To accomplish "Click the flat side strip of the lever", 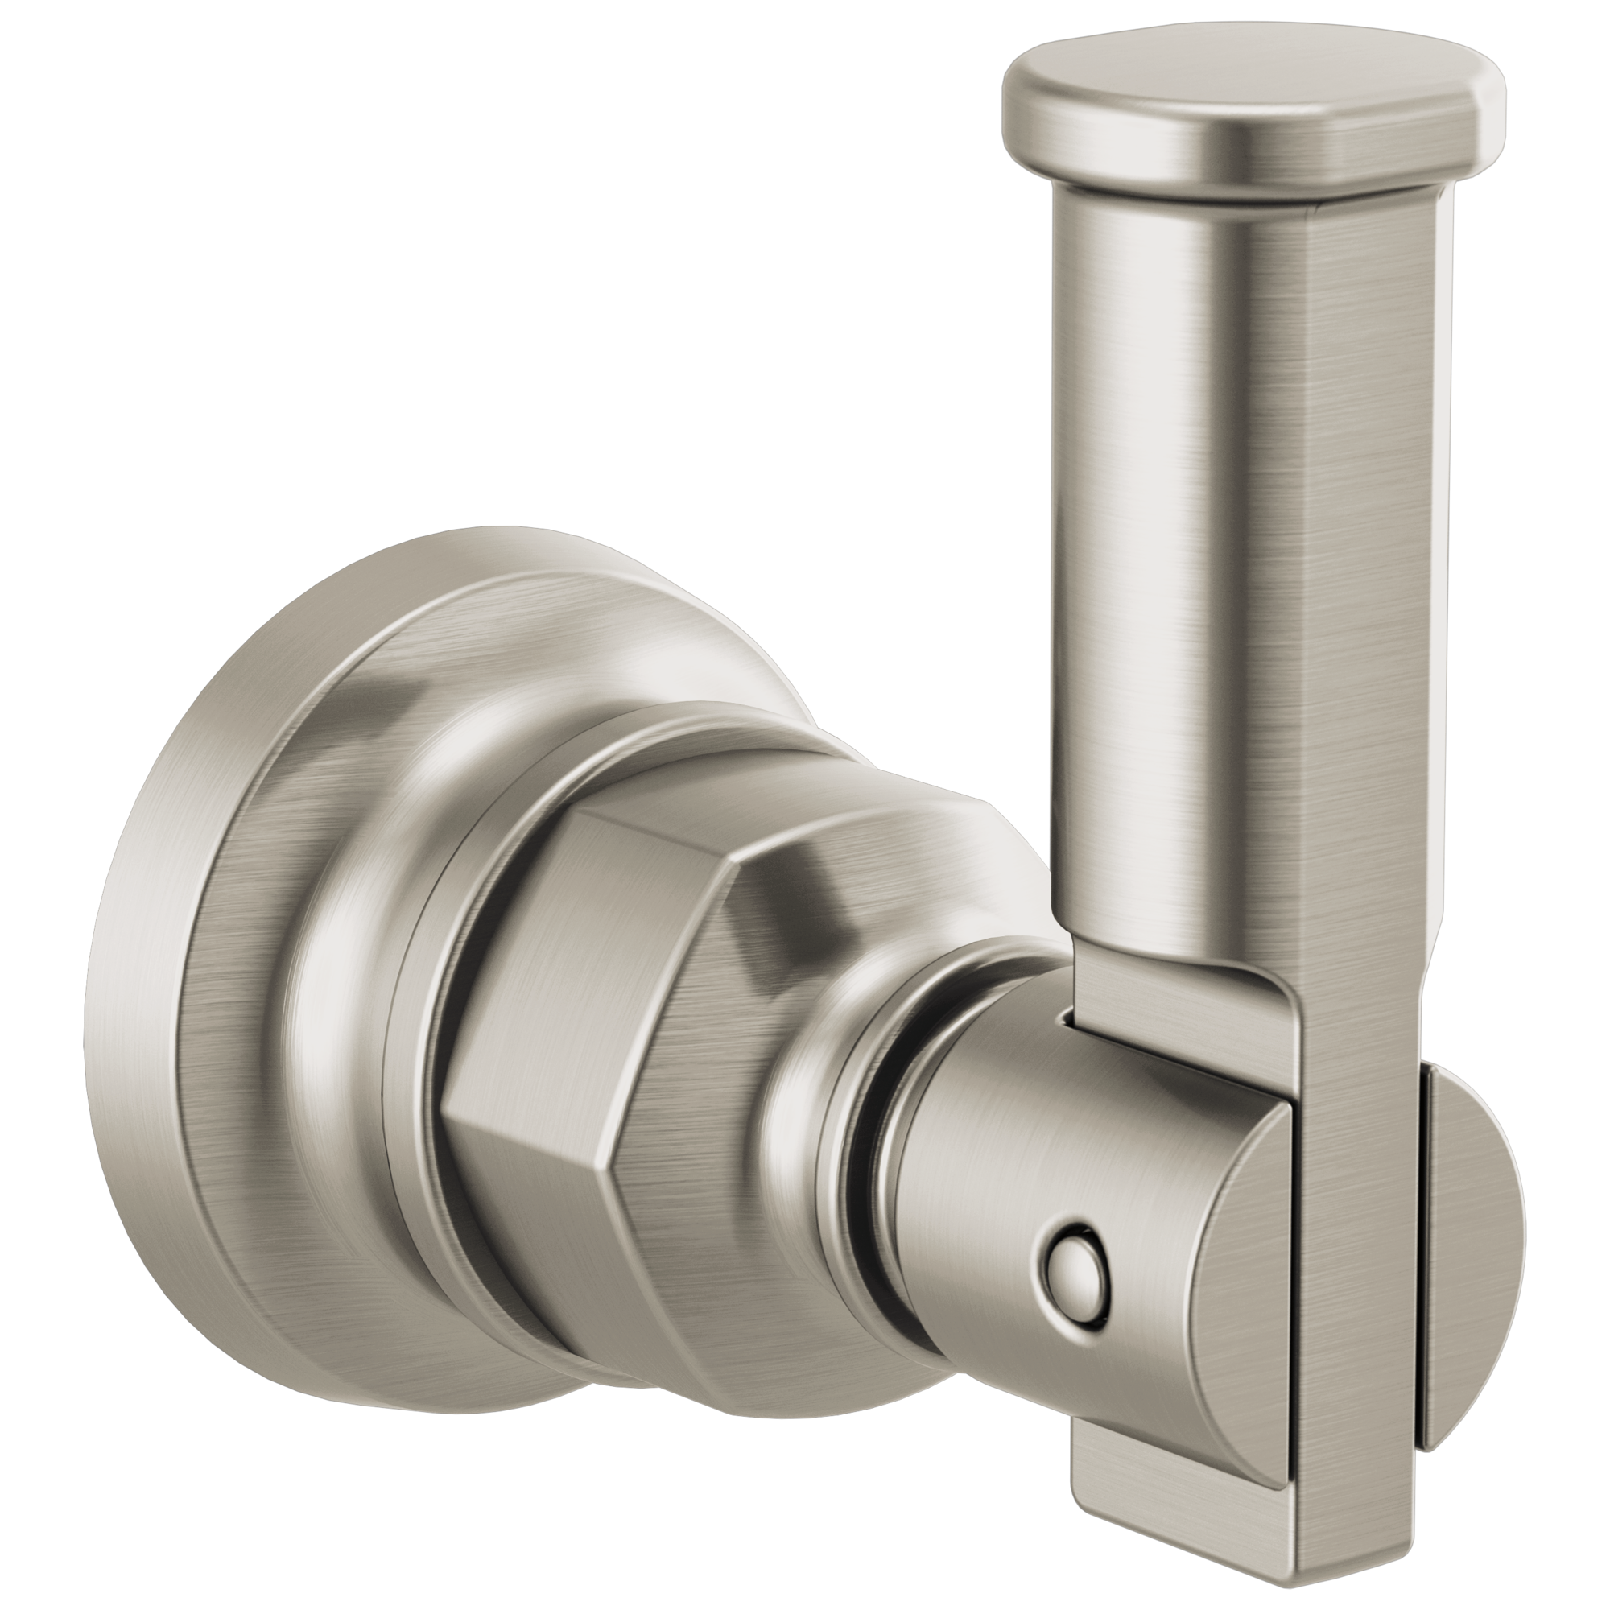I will (1367, 625).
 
